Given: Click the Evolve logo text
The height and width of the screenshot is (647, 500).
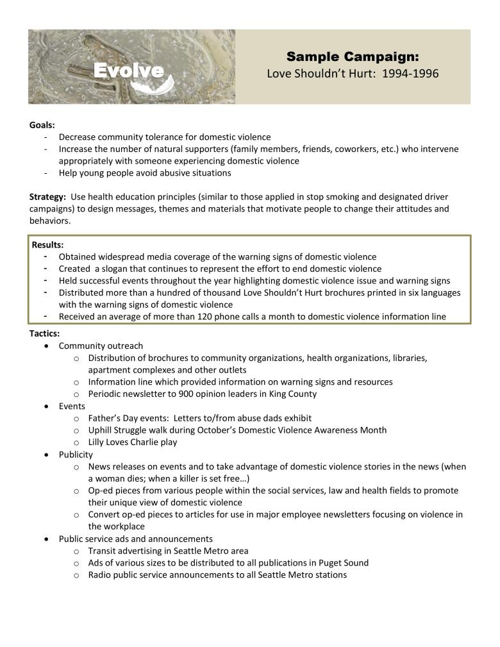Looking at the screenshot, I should point(128,71).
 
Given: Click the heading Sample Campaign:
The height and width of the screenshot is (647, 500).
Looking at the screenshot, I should point(353,56).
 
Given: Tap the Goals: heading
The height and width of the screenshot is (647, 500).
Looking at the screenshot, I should point(42,125).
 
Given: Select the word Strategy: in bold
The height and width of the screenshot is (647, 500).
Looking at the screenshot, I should point(47,197).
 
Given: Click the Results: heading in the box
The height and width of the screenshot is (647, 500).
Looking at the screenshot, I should point(48,245).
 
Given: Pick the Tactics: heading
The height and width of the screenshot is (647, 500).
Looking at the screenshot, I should point(45,334).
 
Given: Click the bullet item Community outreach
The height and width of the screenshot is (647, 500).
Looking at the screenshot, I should point(101,346).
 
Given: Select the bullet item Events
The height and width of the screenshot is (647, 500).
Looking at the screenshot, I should point(72,407).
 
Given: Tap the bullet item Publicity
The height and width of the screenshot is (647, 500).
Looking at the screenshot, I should point(76,455).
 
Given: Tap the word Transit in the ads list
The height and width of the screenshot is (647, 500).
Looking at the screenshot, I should point(103,551).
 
